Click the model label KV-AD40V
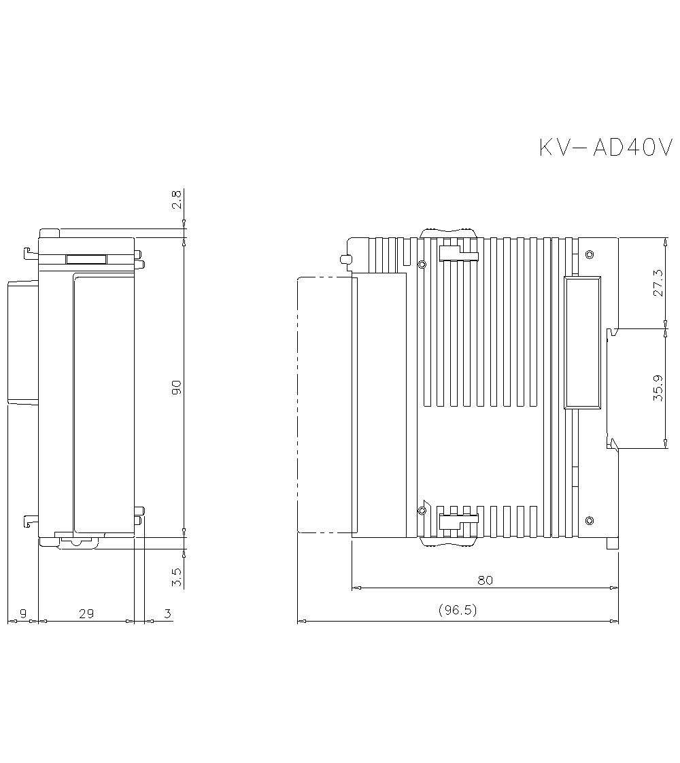[x=606, y=148]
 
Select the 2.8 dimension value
[x=176, y=199]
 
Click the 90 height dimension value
[x=176, y=388]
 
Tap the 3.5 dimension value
[x=176, y=577]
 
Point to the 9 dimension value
[x=22, y=614]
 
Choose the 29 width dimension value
[x=86, y=614]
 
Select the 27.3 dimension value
[x=657, y=282]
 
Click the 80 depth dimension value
[x=484, y=580]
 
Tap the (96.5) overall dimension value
[x=458, y=610]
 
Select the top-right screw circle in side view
[x=589, y=254]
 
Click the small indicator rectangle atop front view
[x=86, y=259]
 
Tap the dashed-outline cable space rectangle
[x=325, y=405]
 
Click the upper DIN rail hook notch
[x=612, y=333]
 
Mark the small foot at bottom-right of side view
[x=613, y=544]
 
